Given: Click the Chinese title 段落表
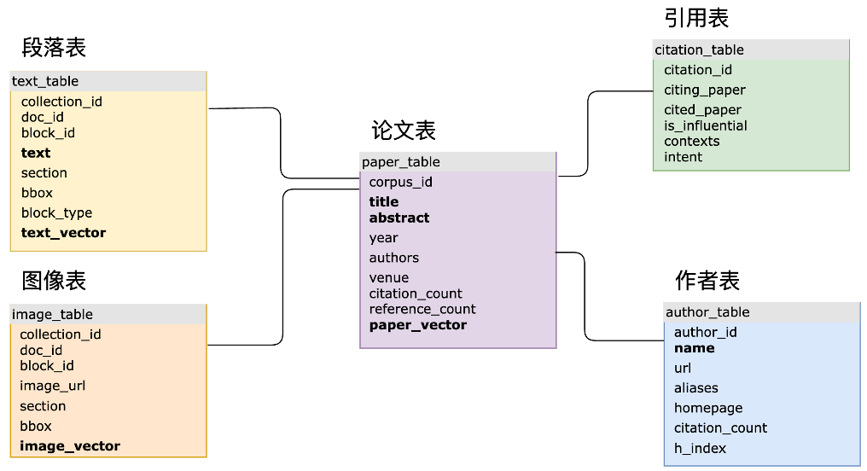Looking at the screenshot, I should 54,47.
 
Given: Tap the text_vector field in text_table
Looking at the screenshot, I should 63,232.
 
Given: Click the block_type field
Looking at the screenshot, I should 56,212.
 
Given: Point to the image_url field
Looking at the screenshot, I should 53,386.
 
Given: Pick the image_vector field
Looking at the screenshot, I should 70,445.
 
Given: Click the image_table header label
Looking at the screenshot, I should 52,314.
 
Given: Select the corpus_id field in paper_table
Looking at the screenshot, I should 400,182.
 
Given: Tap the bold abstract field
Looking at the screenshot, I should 399,218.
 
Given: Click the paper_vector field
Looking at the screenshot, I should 417,324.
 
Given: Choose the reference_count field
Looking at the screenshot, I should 422,309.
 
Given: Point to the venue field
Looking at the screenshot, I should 388,277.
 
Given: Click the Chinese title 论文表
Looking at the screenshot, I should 404,130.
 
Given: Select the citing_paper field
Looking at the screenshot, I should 705,90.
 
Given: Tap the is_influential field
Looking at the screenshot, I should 705,125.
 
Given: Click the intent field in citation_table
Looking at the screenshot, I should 683,156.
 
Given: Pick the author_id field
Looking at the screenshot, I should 705,332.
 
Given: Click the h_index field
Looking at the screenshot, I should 700,448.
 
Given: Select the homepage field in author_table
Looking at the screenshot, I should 708,408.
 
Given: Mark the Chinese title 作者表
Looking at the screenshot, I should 707,279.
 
